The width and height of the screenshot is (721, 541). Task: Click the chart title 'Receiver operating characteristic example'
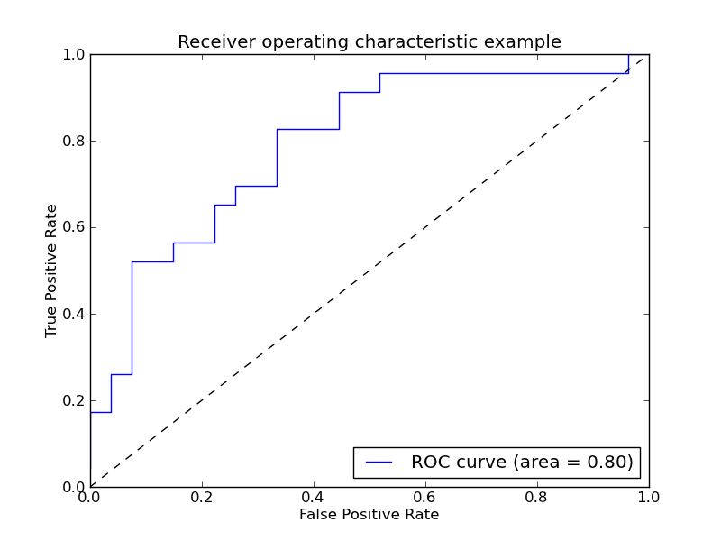pyautogui.click(x=369, y=42)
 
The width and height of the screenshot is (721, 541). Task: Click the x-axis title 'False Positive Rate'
pyautogui.click(x=369, y=515)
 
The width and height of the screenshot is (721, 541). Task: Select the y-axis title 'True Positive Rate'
pyautogui.click(x=51, y=270)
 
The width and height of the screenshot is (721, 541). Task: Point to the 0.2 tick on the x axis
pyautogui.click(x=202, y=497)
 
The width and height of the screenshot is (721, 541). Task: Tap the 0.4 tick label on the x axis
pyautogui.click(x=314, y=497)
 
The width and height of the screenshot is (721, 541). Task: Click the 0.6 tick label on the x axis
pyautogui.click(x=425, y=497)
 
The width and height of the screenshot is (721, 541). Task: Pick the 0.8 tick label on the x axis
pyautogui.click(x=537, y=497)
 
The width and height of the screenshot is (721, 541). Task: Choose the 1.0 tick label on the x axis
pyautogui.click(x=648, y=497)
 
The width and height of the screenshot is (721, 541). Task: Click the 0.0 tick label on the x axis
pyautogui.click(x=90, y=497)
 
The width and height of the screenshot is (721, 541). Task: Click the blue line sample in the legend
pyautogui.click(x=379, y=463)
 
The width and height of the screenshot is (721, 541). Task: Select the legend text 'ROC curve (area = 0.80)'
pyautogui.click(x=522, y=463)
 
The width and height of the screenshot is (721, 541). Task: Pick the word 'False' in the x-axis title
pyautogui.click(x=318, y=515)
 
